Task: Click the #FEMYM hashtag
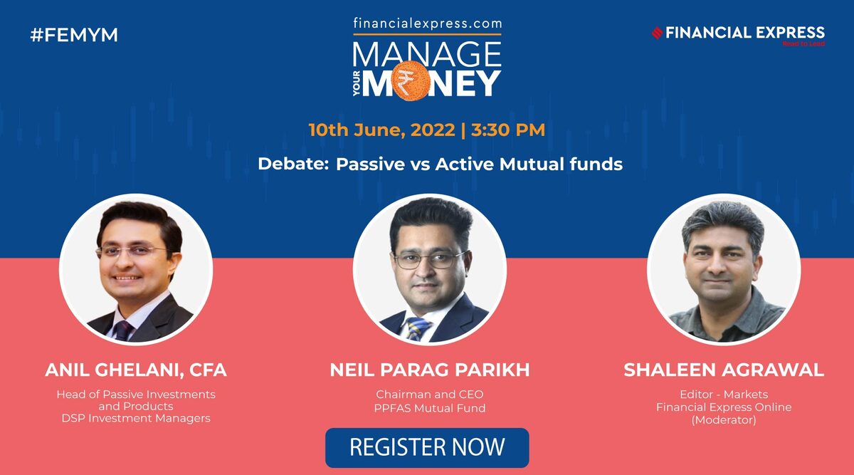(x=74, y=35)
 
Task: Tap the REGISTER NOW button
(x=427, y=447)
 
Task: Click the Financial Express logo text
(x=744, y=32)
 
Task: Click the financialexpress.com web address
(x=427, y=23)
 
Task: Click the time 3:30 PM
(x=510, y=130)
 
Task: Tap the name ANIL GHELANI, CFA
(x=136, y=370)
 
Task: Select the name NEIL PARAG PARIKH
(x=430, y=370)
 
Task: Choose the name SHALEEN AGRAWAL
(x=724, y=370)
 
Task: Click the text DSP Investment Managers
(x=136, y=418)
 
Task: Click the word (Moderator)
(x=724, y=419)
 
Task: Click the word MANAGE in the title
(x=427, y=54)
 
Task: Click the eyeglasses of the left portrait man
(x=132, y=251)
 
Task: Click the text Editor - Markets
(x=724, y=395)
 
